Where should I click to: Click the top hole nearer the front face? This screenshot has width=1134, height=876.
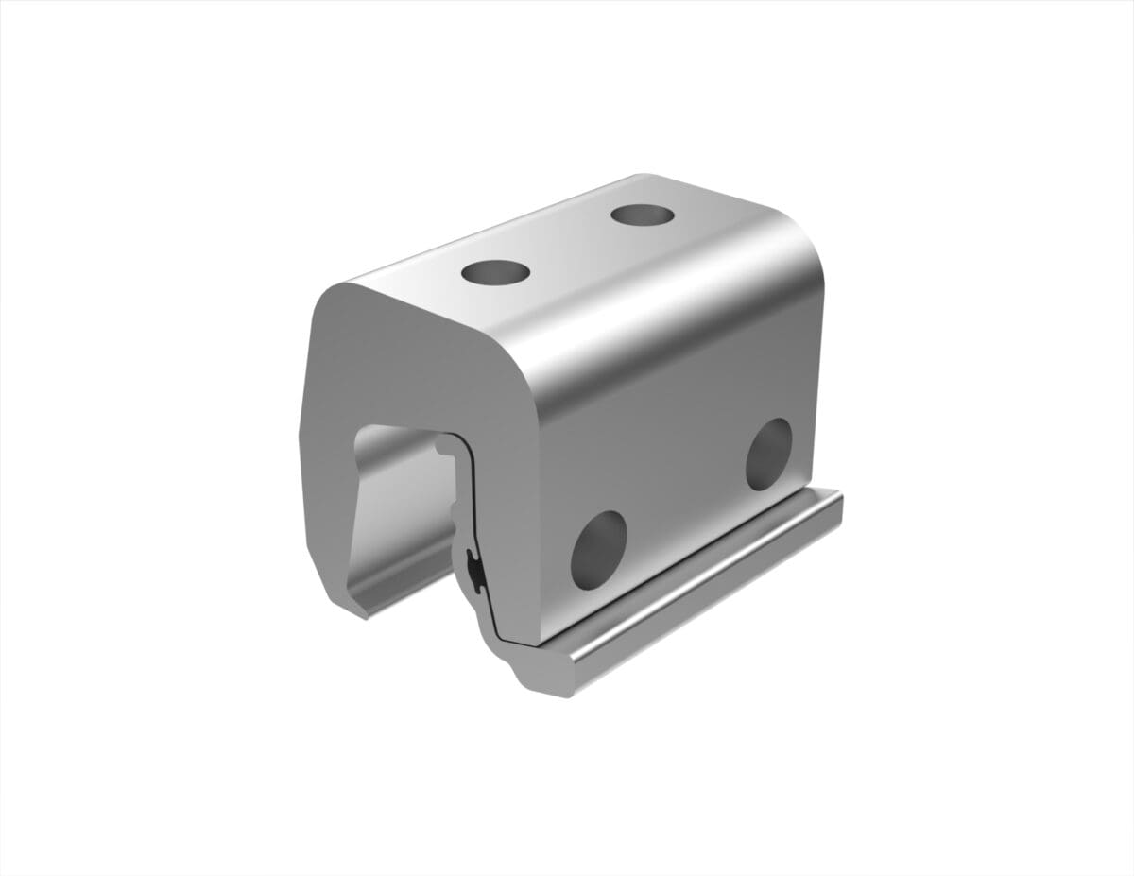[x=495, y=273]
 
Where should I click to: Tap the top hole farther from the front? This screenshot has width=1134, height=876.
[x=643, y=215]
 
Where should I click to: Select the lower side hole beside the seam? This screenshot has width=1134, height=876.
[x=598, y=550]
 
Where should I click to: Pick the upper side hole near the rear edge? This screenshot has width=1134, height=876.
[x=768, y=455]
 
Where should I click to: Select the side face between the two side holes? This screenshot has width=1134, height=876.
[x=680, y=501]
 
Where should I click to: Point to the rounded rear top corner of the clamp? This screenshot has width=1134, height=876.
[x=803, y=236]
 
